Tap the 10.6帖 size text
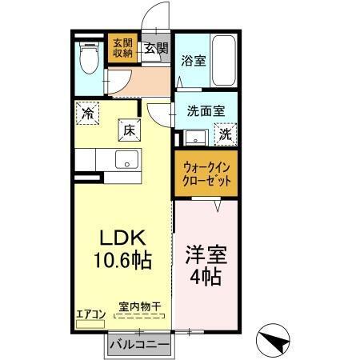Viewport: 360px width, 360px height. click(122, 260)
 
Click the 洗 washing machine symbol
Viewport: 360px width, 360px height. click(226, 134)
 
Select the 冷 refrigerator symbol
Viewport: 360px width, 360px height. click(87, 114)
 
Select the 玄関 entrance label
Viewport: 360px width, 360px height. click(155, 48)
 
